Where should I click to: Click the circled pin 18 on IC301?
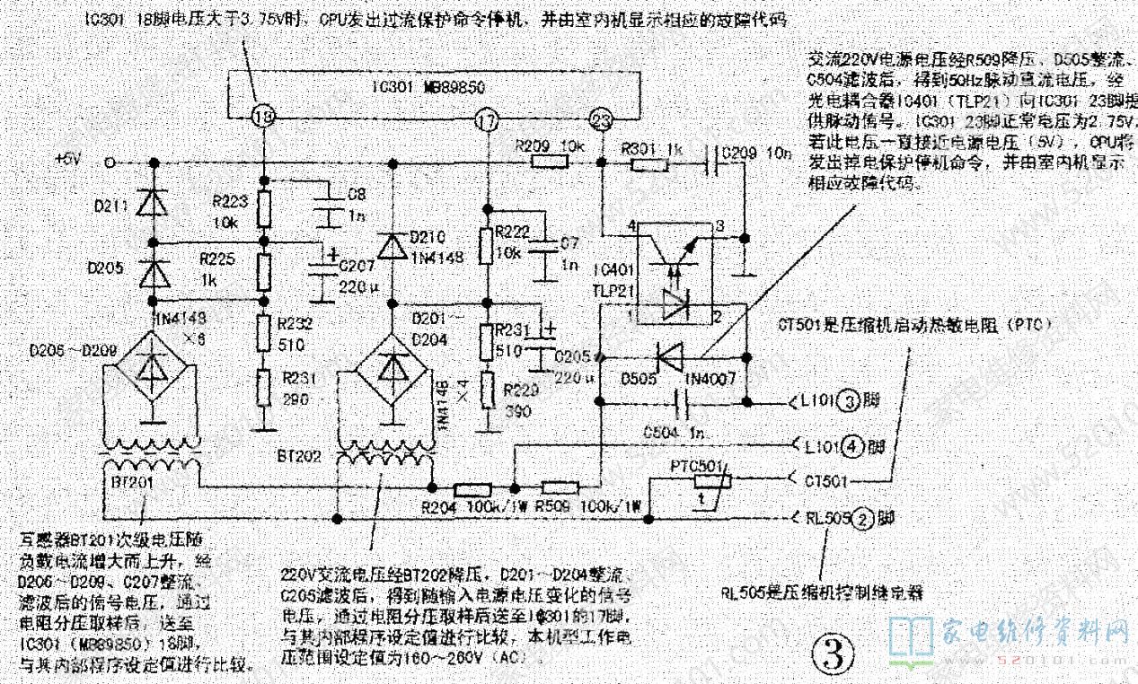262,116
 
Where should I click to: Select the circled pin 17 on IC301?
486,119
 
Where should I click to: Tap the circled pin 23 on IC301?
600,119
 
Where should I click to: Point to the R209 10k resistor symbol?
549,162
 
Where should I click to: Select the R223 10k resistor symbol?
264,209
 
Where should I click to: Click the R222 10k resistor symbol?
486,244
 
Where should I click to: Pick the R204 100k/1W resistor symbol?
472,490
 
